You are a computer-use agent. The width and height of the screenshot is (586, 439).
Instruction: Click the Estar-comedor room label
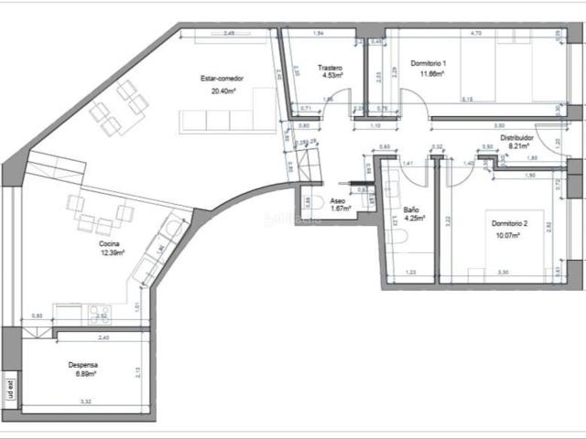pos(221,80)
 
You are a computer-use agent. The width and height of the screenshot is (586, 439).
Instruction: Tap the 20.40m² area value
pos(221,91)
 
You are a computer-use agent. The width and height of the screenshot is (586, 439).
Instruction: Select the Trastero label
pos(330,68)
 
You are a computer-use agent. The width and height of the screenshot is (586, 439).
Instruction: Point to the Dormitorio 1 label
pos(429,63)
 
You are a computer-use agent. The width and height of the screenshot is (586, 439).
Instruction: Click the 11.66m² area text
pos(429,73)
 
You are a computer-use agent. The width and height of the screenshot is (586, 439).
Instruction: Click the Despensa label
pos(82,364)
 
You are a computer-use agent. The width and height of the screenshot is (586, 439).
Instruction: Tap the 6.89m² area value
pos(82,375)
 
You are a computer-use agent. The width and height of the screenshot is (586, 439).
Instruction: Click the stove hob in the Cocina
pos(98,315)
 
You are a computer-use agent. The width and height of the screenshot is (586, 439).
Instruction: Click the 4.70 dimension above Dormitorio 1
pos(475,33)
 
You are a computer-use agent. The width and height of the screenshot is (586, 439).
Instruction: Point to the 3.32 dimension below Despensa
pos(84,402)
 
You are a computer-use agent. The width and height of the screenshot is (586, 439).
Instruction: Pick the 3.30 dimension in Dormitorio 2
pos(503,273)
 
